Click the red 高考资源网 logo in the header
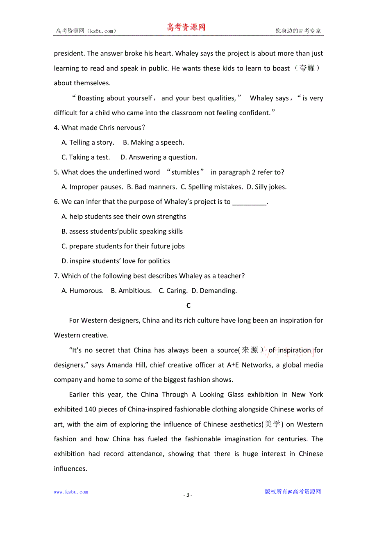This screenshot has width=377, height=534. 186,27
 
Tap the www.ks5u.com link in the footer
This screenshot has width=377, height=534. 71,492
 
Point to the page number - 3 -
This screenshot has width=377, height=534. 188,495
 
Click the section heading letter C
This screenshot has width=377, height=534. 188,306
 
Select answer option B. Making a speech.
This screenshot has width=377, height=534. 153,142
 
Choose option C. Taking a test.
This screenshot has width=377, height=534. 86,157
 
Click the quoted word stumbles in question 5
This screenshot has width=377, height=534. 185,172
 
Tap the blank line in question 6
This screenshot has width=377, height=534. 249,202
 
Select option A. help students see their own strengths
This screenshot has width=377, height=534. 123,217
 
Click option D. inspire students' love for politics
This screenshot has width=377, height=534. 116,261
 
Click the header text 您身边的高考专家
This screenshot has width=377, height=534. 298,31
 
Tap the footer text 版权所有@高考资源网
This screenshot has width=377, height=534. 293,492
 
